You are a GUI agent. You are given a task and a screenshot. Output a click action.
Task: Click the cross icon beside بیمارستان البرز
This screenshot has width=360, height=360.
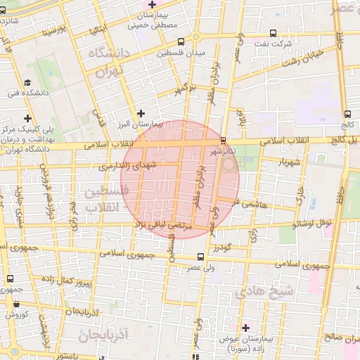pyautogui.click(x=141, y=112)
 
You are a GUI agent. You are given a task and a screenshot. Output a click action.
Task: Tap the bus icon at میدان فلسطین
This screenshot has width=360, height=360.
pyautogui.click(x=181, y=41)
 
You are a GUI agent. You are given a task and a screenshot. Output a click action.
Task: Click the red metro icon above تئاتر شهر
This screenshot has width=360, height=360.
pyautogui.click(x=223, y=140)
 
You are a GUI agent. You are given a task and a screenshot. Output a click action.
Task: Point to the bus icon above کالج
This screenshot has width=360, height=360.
pyautogui.click(x=348, y=114)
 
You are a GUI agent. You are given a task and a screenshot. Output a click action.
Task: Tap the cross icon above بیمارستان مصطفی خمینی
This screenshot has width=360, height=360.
pyautogui.click(x=152, y=6)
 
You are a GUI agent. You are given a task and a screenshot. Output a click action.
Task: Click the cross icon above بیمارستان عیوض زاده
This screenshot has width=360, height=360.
pyautogui.click(x=245, y=328)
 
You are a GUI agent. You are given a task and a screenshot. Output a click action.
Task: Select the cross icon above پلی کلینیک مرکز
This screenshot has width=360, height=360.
pyautogui.click(x=27, y=118)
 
